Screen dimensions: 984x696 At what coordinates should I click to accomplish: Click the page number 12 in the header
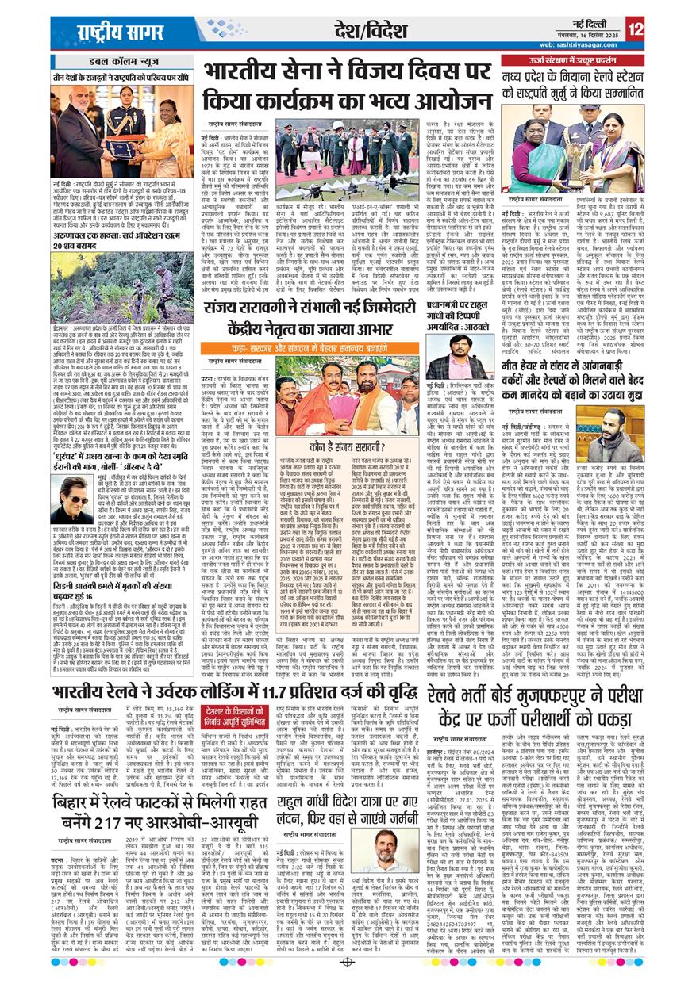[635, 30]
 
